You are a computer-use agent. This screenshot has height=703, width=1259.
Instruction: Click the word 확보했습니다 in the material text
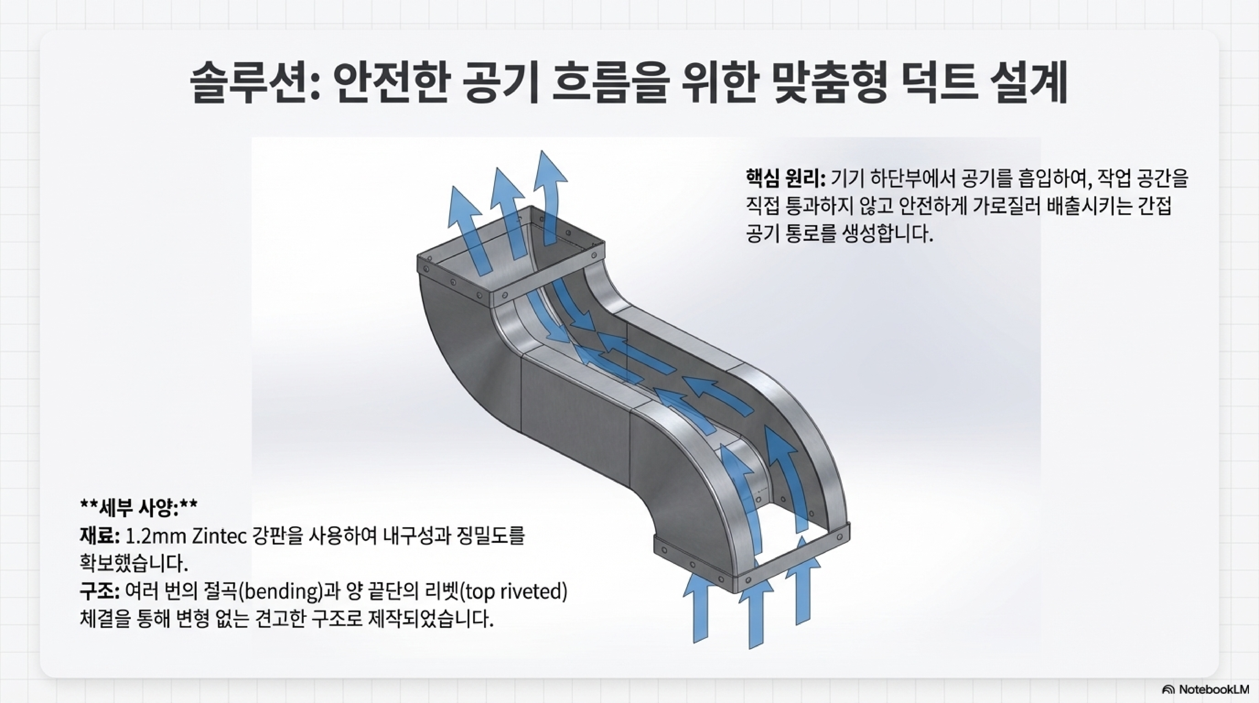pyautogui.click(x=134, y=564)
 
